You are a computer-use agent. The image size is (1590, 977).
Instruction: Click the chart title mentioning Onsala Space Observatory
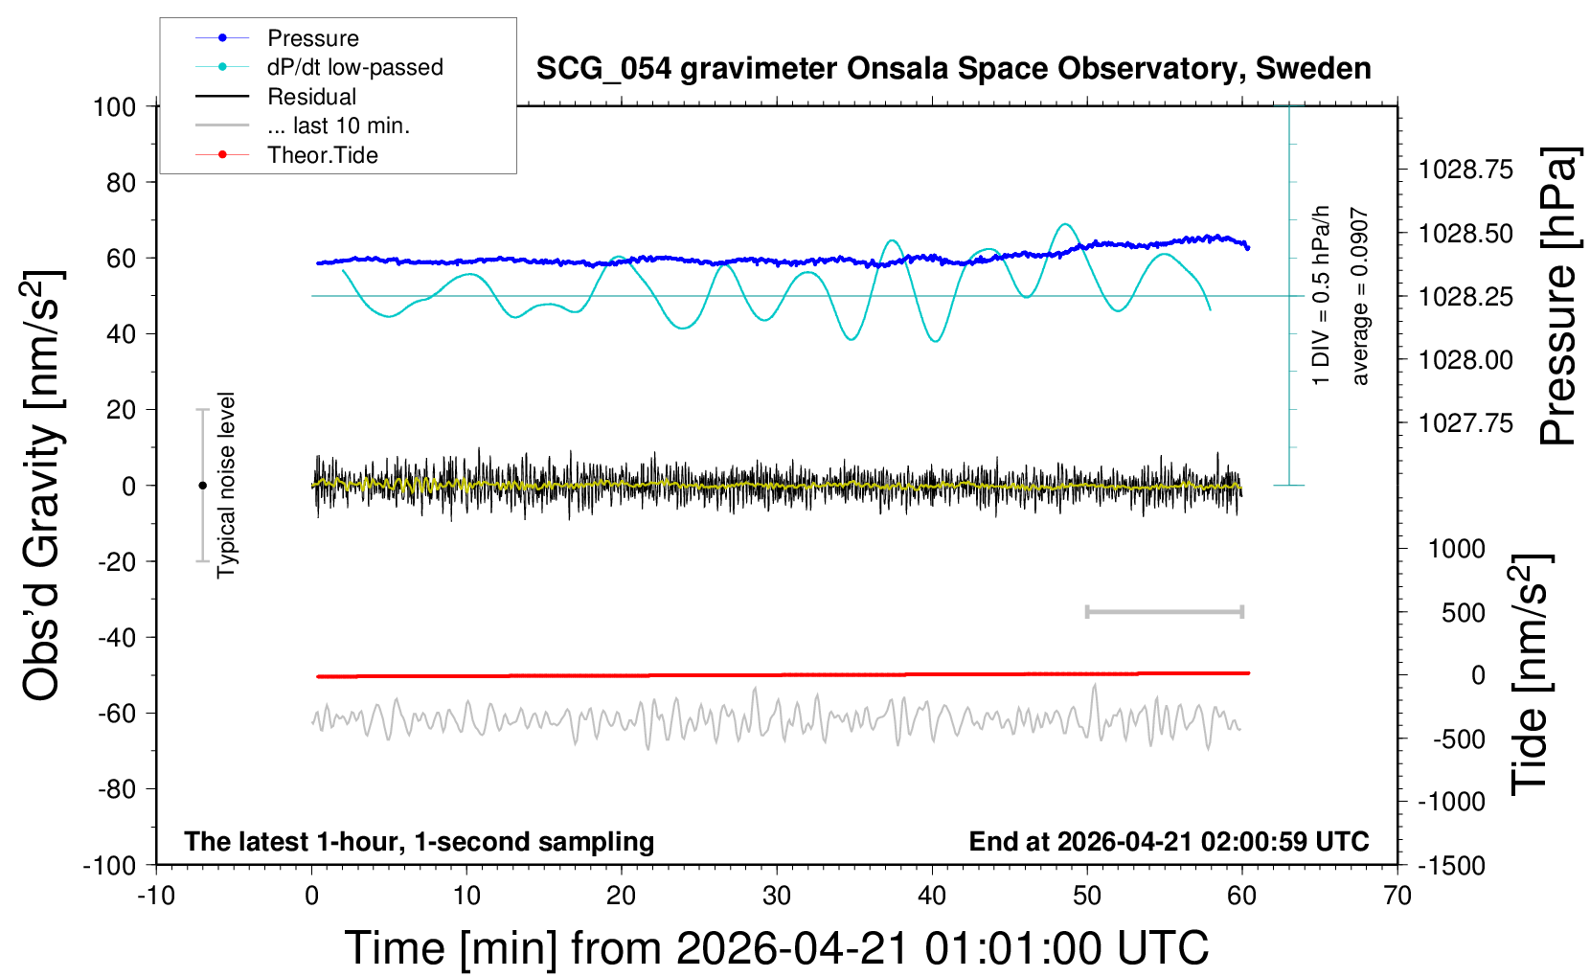click(953, 69)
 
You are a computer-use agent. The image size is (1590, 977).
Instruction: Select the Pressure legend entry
click(312, 38)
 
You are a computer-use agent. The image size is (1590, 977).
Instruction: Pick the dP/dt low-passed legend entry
click(354, 67)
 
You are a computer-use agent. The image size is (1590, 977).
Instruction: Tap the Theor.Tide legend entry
click(322, 155)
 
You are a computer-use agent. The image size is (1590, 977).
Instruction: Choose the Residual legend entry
click(311, 97)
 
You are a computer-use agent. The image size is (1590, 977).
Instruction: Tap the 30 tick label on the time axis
click(777, 897)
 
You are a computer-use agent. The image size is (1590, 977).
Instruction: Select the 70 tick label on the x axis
click(1397, 897)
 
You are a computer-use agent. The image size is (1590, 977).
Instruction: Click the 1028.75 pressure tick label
click(1465, 170)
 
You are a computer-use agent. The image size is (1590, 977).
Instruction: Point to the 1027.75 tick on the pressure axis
click(1465, 422)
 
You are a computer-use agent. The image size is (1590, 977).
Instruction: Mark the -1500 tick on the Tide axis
click(1452, 865)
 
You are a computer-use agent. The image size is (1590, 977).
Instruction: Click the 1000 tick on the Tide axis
click(1457, 549)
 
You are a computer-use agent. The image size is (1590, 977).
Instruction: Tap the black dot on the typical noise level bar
click(202, 486)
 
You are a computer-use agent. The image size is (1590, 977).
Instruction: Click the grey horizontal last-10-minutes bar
click(1164, 611)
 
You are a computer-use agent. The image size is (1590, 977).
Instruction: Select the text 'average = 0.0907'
click(1360, 297)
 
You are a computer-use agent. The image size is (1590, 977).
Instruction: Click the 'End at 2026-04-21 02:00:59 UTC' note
click(1169, 841)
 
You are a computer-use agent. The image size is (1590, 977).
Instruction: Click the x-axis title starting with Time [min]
click(777, 948)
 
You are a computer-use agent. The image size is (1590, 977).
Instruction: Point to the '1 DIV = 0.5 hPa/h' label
click(1322, 295)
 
